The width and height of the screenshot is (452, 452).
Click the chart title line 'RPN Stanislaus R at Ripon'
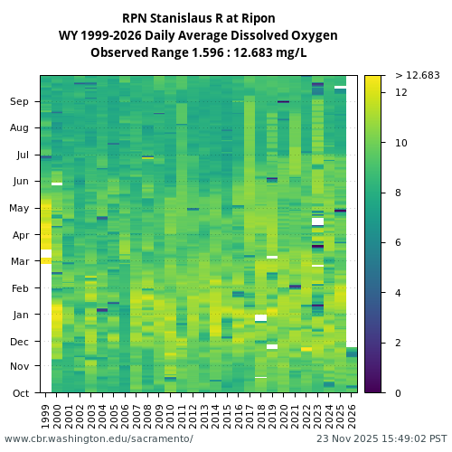(198, 18)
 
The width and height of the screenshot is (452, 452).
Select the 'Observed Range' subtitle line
(198, 52)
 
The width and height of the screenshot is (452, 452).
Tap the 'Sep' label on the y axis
(20, 102)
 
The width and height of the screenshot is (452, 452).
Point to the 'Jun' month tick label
(20, 182)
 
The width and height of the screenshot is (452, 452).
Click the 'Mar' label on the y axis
(20, 262)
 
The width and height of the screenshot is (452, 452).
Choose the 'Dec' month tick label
(20, 342)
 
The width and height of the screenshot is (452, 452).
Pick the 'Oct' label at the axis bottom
(20, 393)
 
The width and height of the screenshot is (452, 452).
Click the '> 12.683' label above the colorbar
(418, 75)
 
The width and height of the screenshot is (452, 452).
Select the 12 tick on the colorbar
(401, 93)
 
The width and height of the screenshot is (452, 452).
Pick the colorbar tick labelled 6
(399, 243)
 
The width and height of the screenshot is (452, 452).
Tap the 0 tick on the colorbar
(399, 393)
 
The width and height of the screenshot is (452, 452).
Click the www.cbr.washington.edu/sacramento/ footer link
(99, 438)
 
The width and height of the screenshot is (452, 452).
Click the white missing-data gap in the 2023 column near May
(317, 221)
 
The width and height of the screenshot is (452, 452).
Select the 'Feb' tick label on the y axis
(20, 288)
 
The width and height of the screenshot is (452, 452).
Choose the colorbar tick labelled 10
(401, 143)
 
